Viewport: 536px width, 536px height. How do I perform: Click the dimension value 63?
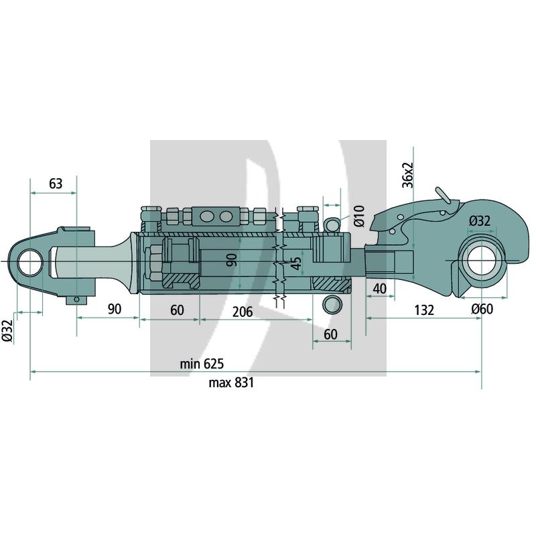56,184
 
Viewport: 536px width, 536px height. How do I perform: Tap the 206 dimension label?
243,312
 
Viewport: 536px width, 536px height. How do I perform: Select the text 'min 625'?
202,363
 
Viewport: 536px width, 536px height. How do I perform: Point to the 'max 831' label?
231,382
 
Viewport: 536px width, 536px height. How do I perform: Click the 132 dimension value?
424,310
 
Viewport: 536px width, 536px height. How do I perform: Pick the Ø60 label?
482,309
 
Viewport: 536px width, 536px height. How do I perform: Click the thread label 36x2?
408,175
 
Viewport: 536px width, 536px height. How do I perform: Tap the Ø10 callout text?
359,216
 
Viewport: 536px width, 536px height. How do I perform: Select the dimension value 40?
379,289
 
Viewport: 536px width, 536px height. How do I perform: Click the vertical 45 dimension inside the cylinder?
297,263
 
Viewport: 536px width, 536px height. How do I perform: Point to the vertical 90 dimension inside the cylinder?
232,260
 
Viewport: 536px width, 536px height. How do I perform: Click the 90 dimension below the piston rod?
115,309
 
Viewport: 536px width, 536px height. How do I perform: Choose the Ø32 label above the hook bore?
480,221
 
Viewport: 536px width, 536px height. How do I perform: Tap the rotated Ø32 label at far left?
7,330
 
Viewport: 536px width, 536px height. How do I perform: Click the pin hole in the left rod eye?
30,262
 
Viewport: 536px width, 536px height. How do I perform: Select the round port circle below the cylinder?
332,304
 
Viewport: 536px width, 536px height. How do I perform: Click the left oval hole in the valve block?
206,216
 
